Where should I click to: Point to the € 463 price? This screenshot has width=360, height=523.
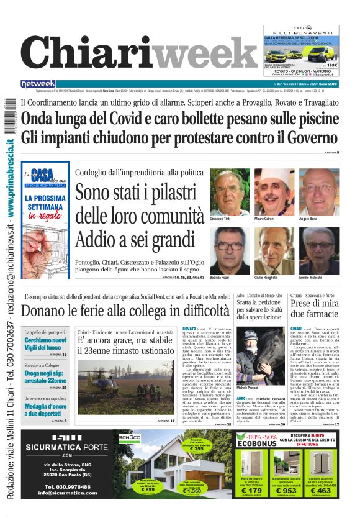pos(323,491)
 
